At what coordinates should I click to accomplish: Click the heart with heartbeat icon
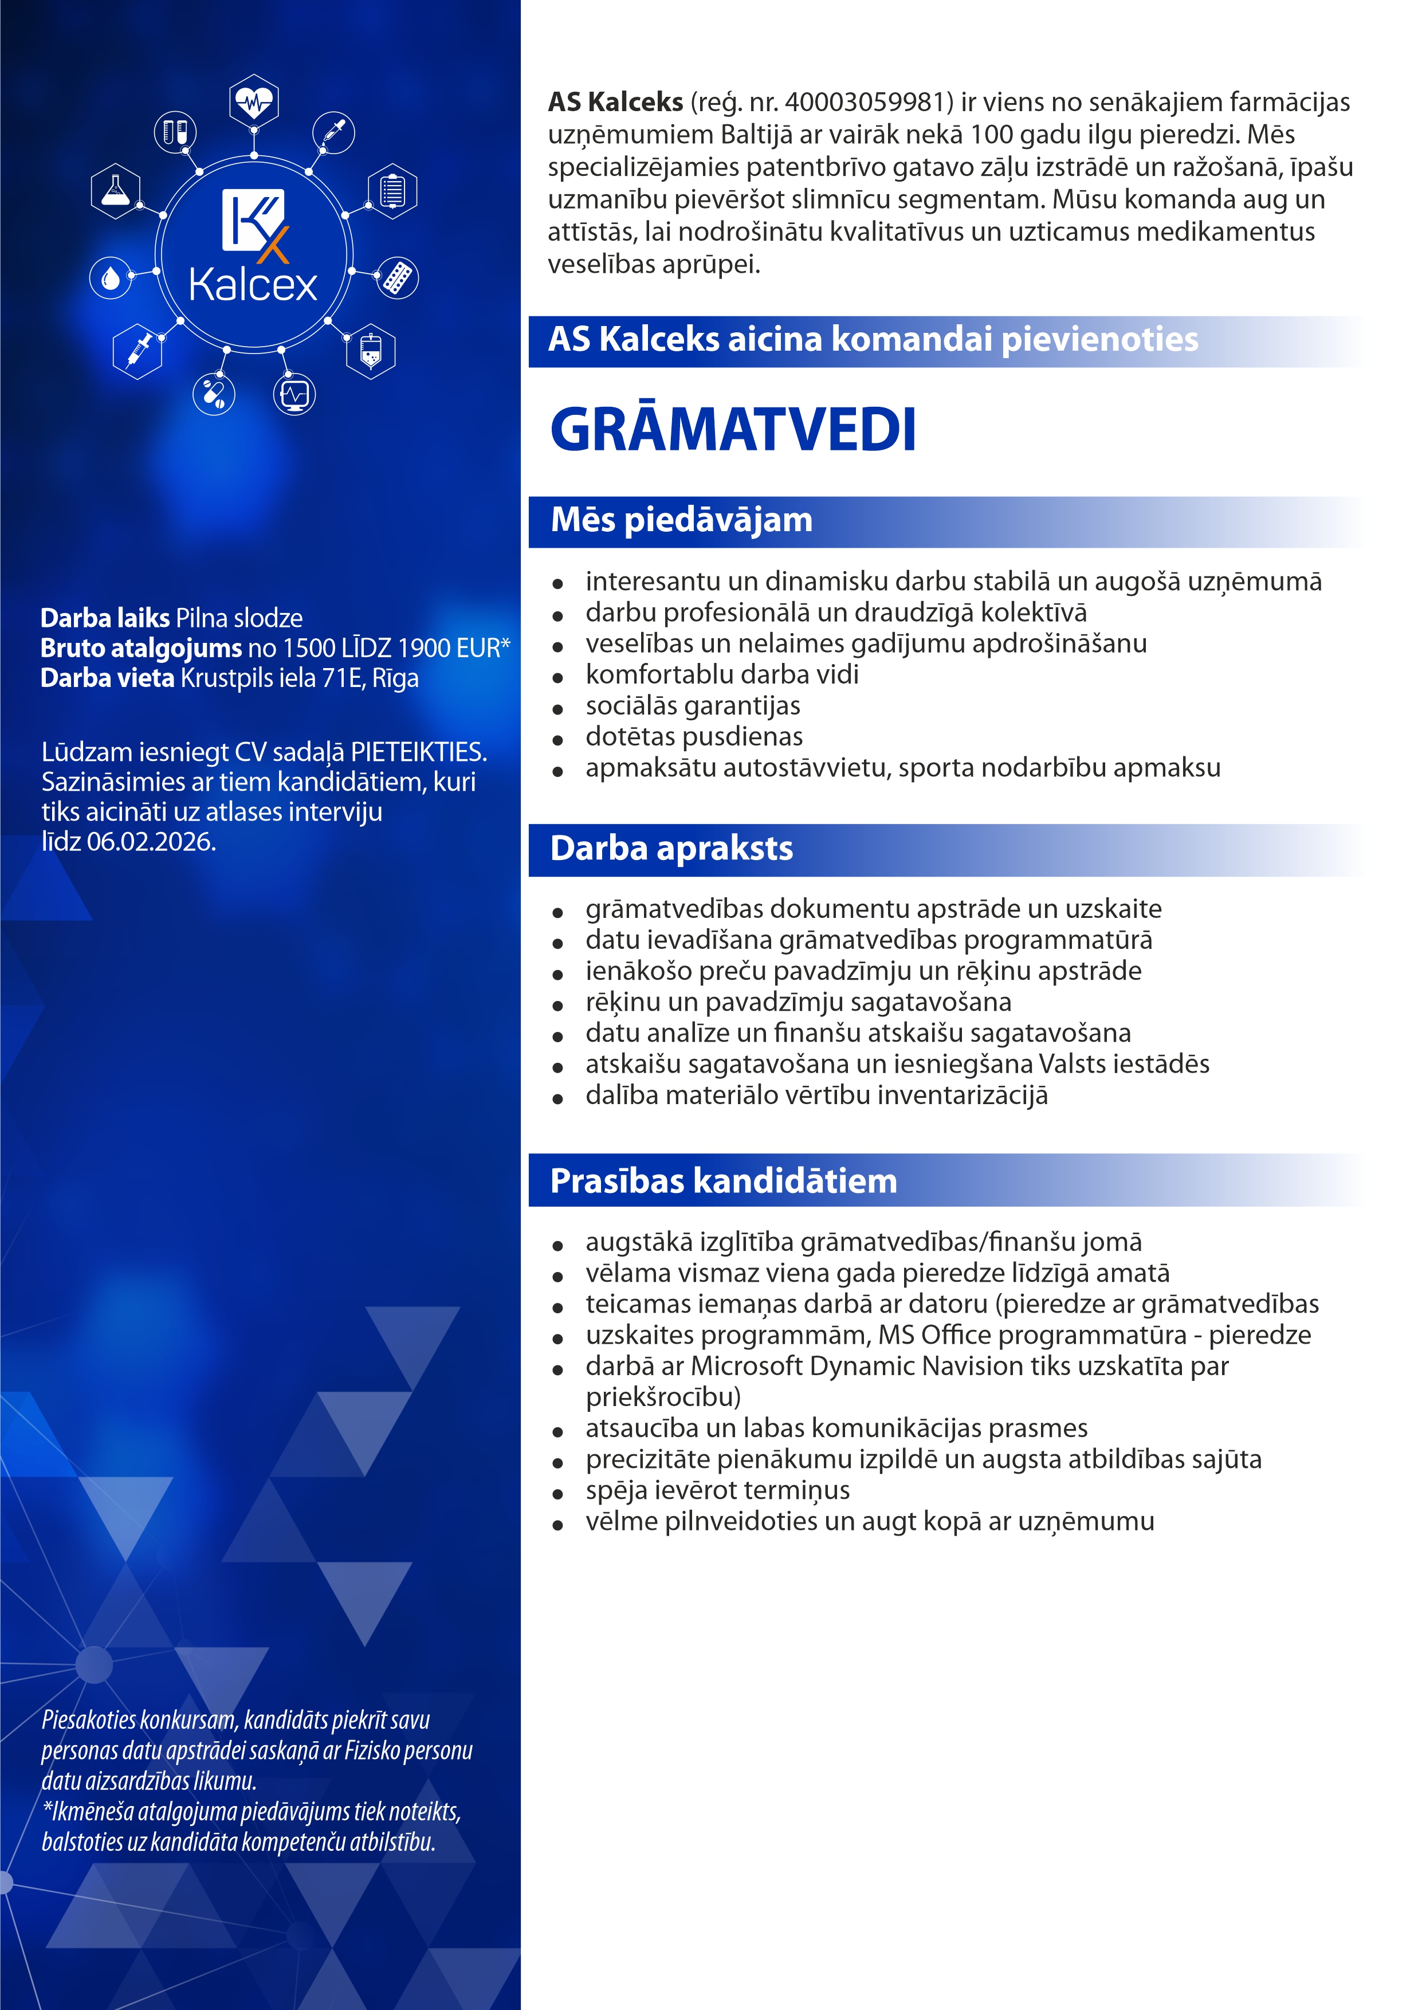click(x=254, y=101)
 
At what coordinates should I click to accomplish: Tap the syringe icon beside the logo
click(x=138, y=350)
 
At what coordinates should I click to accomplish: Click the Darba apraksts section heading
click(x=671, y=849)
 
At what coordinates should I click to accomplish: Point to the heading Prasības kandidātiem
click(x=723, y=1181)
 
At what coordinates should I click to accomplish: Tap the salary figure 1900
click(x=425, y=649)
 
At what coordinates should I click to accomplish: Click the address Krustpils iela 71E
click(x=272, y=678)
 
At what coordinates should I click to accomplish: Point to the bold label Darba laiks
click(x=105, y=618)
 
